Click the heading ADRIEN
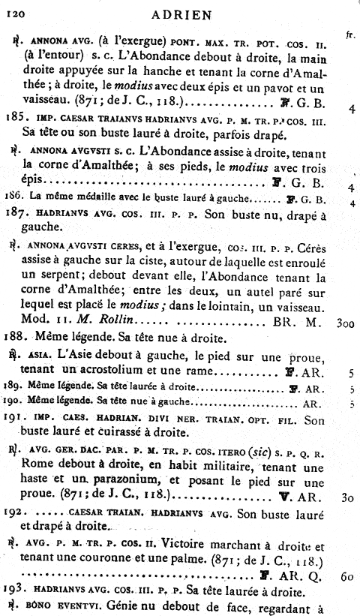(x=181, y=13)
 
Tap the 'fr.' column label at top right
(x=349, y=35)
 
